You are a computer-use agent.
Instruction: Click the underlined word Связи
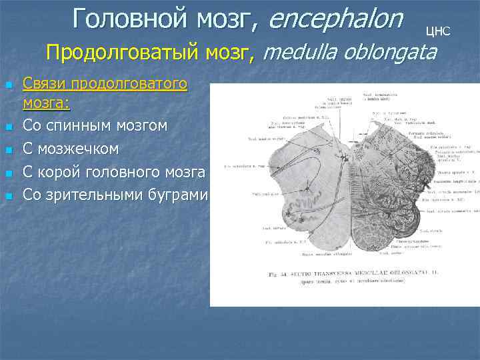tap(43, 84)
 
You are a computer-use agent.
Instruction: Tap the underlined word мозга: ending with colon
tap(47, 103)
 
